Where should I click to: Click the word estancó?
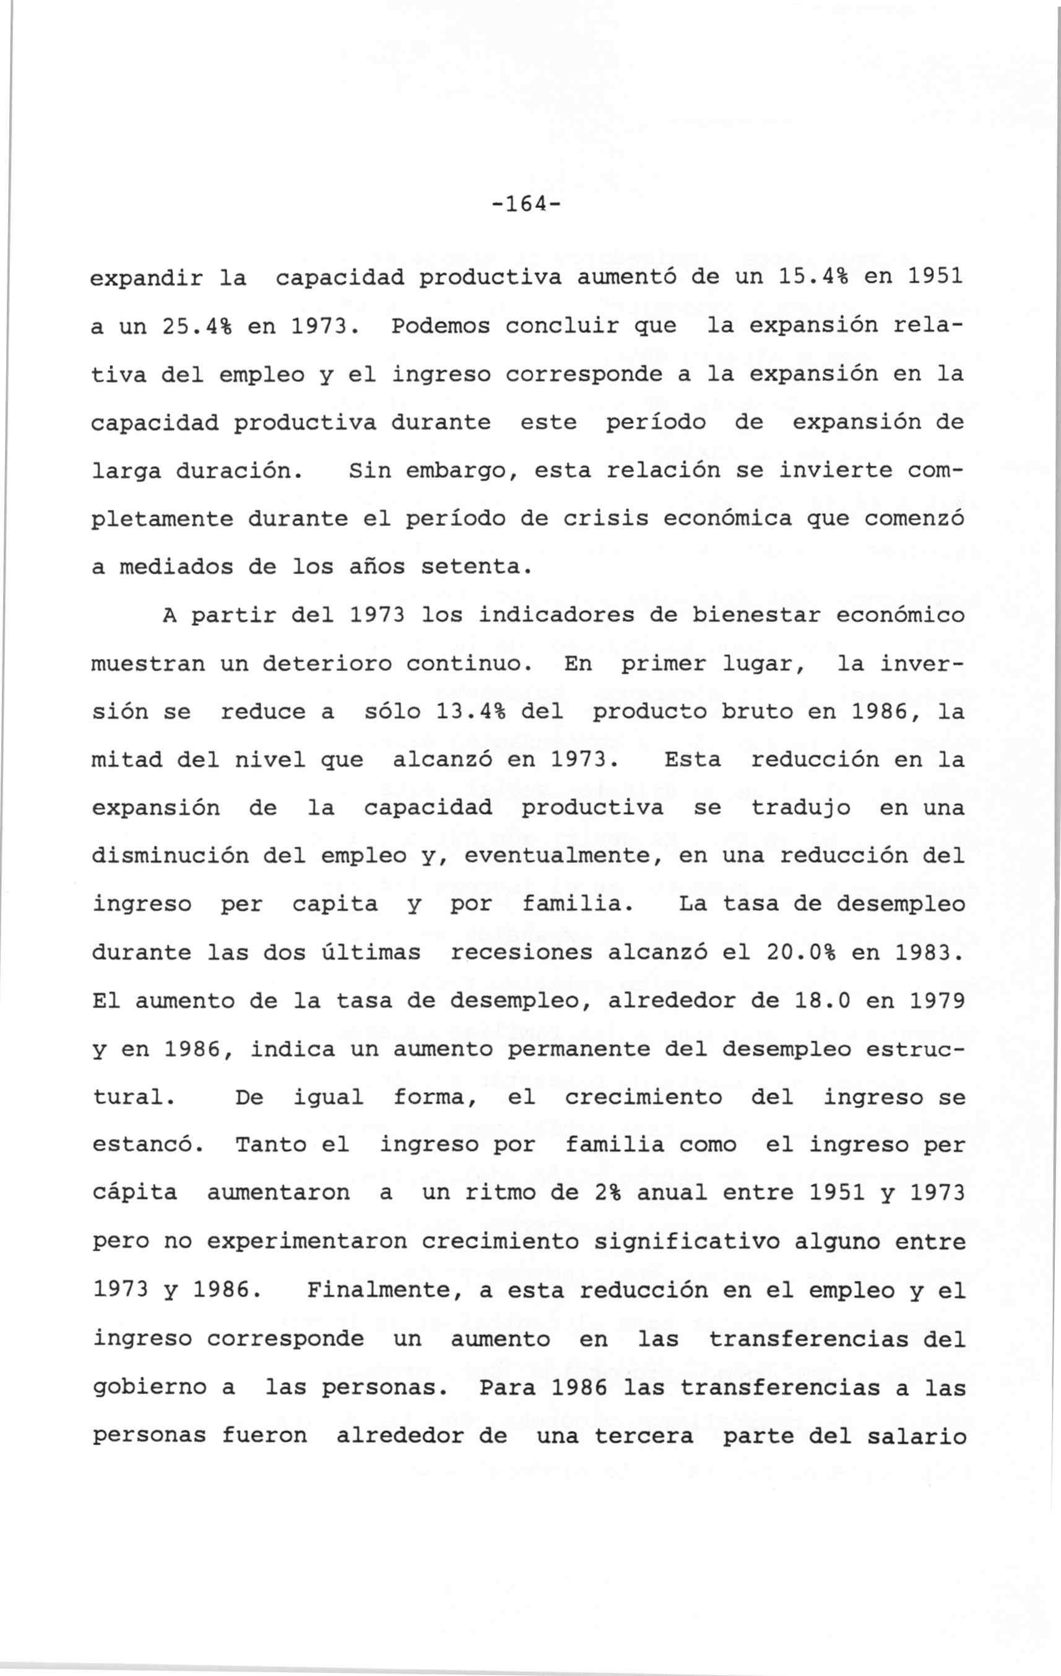tap(147, 1145)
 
